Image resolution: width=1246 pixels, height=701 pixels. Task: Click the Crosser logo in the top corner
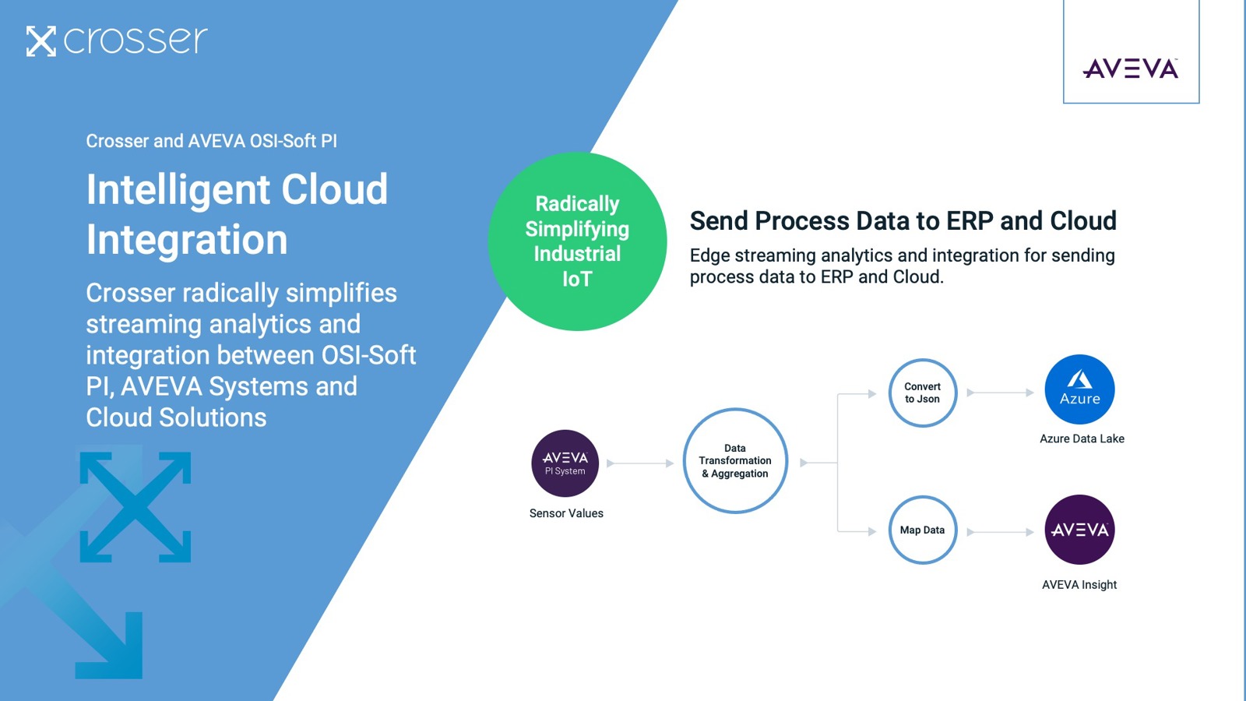(x=117, y=41)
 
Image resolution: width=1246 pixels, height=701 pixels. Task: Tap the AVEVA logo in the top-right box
(x=1130, y=69)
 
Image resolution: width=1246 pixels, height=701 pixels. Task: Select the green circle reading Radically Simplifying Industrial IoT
(x=577, y=241)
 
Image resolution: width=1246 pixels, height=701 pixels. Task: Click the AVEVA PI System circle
(x=565, y=463)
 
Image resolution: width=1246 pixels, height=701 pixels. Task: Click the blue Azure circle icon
(x=1079, y=389)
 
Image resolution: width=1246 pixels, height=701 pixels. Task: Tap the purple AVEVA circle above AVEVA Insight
(x=1079, y=530)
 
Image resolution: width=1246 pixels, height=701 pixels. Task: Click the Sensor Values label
(x=566, y=513)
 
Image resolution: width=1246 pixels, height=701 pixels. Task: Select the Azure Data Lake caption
(x=1082, y=439)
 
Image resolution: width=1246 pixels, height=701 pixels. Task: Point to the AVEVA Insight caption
(x=1079, y=585)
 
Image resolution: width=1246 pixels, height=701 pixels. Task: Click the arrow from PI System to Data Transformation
(x=640, y=463)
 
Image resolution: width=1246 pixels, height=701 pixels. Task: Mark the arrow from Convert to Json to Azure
(x=1000, y=393)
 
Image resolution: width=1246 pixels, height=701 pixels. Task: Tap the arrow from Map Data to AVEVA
(x=1000, y=532)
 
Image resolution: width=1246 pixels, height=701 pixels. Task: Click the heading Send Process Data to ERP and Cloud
(x=903, y=221)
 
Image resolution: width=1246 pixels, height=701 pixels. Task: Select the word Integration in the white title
(x=187, y=240)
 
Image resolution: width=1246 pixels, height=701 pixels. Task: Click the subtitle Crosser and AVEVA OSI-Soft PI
(x=211, y=141)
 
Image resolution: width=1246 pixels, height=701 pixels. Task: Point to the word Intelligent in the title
(x=178, y=190)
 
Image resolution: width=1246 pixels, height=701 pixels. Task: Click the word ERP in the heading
(x=970, y=221)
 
